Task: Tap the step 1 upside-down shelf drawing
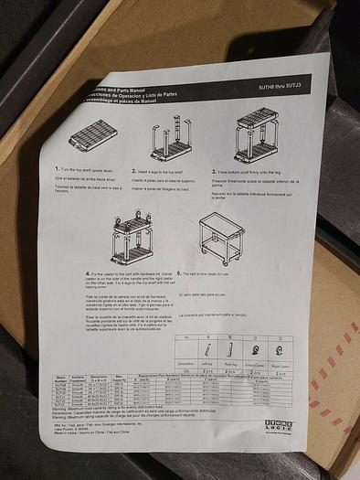pyautogui.click(x=92, y=136)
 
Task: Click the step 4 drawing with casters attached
pyautogui.click(x=132, y=240)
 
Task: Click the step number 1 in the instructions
pyautogui.click(x=58, y=169)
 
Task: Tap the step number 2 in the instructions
pyautogui.click(x=134, y=171)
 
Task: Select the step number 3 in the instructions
pyautogui.click(x=214, y=171)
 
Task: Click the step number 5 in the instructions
pyautogui.click(x=180, y=273)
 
